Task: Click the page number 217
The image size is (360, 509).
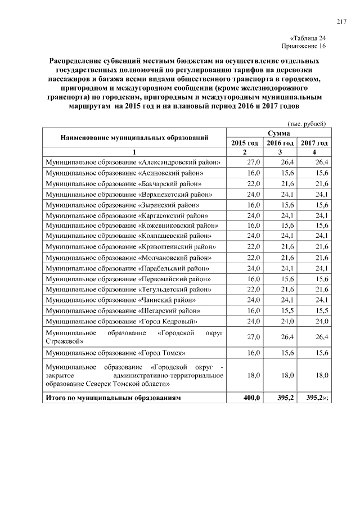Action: tap(341, 22)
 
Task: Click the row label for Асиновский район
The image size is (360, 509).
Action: tap(125, 173)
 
